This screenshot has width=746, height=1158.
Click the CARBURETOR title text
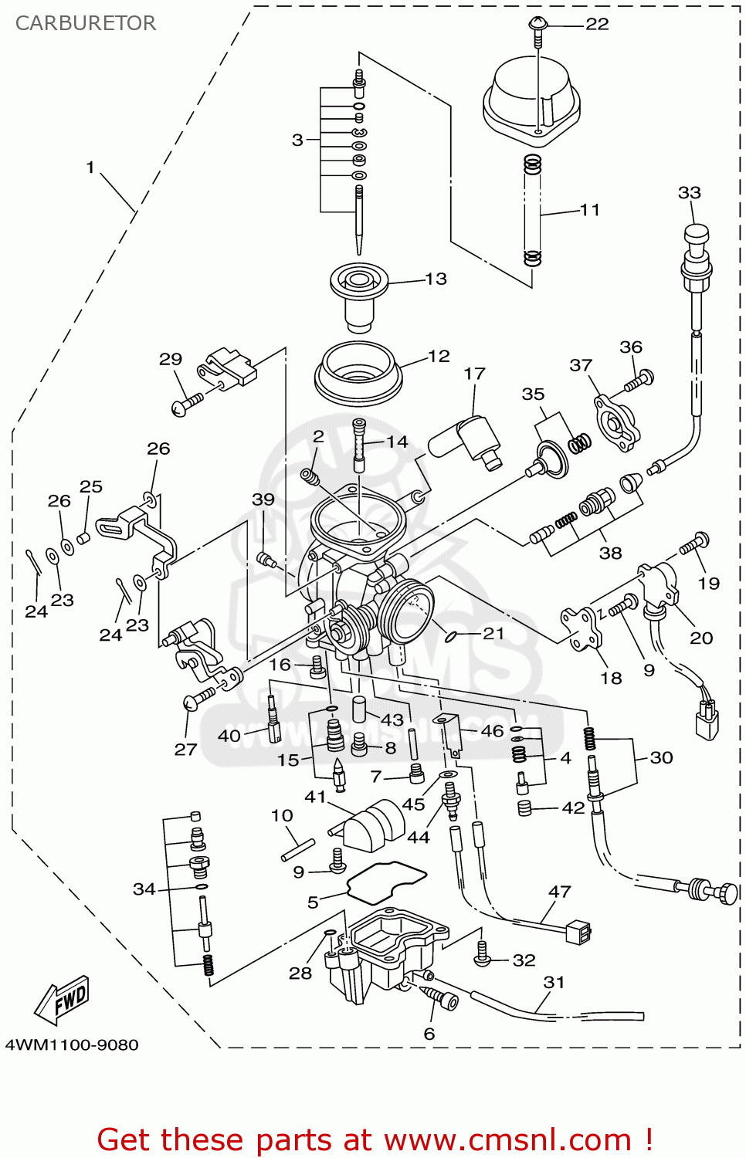pyautogui.click(x=86, y=23)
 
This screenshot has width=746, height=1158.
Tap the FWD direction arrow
pyautogui.click(x=63, y=1001)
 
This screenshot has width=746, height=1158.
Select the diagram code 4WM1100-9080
pyautogui.click(x=72, y=1045)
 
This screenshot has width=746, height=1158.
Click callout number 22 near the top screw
pyautogui.click(x=597, y=24)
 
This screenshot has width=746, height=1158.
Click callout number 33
pyautogui.click(x=689, y=192)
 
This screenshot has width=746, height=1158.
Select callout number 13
pyautogui.click(x=436, y=279)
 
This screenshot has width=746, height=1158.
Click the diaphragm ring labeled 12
pyautogui.click(x=358, y=374)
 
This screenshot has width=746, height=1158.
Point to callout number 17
pyautogui.click(x=474, y=374)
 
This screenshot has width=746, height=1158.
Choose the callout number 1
pyautogui.click(x=90, y=167)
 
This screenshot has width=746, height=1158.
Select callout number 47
pyautogui.click(x=560, y=892)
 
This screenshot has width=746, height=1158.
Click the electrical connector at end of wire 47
pyautogui.click(x=578, y=933)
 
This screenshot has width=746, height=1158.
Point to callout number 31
pyautogui.click(x=554, y=982)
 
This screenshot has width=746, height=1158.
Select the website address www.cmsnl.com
pyautogui.click(x=507, y=1140)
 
